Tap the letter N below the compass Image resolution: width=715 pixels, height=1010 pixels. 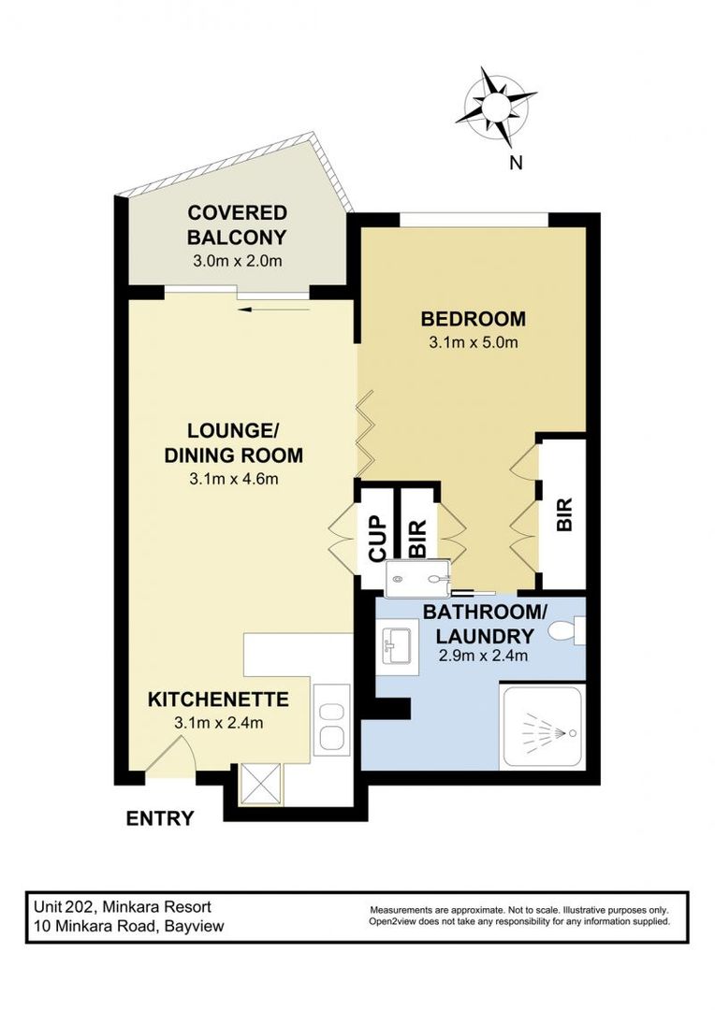pos(515,163)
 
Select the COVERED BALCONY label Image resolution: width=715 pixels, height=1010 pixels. pos(236,224)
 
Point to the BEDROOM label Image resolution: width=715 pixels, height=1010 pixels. pos(473,317)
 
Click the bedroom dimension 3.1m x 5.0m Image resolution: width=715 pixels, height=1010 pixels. pos(473,342)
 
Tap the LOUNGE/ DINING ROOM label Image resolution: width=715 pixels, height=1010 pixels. pos(234,443)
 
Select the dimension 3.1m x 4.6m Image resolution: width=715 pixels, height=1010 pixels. pos(234,480)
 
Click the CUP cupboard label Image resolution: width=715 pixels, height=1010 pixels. pos(376,539)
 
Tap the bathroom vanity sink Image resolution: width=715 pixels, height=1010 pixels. pos(397,645)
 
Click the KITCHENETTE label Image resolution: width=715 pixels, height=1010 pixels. pos(218,699)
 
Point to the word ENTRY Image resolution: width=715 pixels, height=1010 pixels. pos(160,819)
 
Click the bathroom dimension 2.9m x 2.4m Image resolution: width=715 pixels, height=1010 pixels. pos(483,655)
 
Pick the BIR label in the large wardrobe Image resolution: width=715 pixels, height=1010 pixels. pos(563,513)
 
